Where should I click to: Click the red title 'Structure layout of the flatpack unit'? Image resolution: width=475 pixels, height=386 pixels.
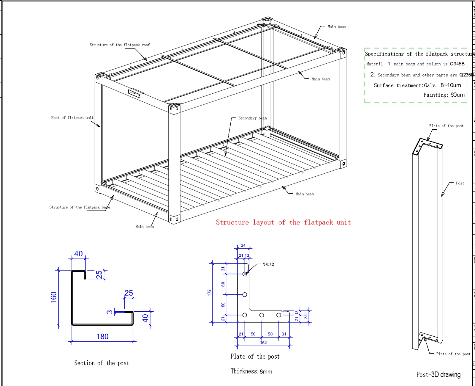[x=283, y=222]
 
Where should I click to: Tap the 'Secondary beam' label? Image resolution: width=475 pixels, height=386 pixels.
[x=252, y=118]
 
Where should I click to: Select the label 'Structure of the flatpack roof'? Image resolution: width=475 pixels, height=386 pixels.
[x=120, y=45]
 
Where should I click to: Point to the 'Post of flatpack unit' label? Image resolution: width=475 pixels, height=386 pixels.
[x=72, y=118]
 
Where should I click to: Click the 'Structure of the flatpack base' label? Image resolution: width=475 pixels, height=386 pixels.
[x=80, y=207]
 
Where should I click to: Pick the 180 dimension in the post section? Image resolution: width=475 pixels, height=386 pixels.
[x=102, y=336]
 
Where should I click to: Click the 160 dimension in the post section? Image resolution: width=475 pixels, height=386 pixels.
[x=53, y=297]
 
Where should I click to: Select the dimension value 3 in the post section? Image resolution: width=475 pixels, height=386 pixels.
[x=110, y=312]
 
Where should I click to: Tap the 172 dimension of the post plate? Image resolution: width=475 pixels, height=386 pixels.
[x=209, y=293]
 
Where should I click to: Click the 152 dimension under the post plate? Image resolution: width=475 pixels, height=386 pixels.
[x=263, y=343]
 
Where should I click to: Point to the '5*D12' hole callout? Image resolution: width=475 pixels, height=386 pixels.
[x=268, y=264]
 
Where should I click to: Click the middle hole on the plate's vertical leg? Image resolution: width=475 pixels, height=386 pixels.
[x=245, y=294]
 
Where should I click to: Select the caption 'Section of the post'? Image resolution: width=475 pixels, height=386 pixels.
[x=102, y=363]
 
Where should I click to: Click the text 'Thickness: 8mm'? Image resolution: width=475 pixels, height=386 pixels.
[x=251, y=371]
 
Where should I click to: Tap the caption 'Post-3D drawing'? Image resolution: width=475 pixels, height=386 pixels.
[x=438, y=374]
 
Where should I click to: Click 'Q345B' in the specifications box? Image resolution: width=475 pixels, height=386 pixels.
[x=457, y=64]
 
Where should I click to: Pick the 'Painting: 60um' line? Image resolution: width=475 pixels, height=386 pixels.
[x=444, y=95]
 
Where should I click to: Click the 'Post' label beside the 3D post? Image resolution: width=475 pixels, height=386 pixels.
[x=460, y=183]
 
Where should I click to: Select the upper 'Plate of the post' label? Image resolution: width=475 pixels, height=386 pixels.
[x=446, y=126]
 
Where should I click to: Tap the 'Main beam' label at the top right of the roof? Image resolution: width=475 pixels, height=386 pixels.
[x=337, y=27]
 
